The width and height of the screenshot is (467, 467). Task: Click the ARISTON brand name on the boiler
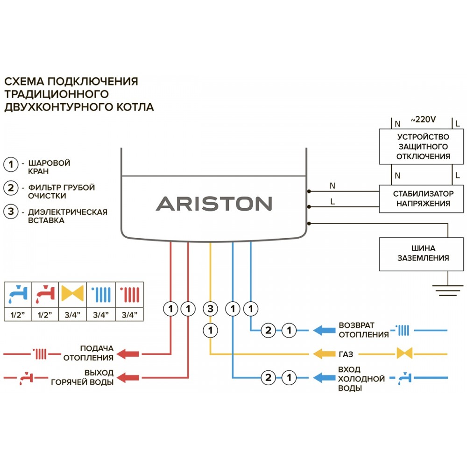pyautogui.click(x=213, y=204)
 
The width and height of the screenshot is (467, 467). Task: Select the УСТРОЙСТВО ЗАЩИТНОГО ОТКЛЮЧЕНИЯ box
pyautogui.click(x=423, y=147)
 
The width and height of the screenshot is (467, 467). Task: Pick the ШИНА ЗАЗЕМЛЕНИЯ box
pyautogui.click(x=423, y=254)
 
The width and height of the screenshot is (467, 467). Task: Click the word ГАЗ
pyautogui.click(x=346, y=353)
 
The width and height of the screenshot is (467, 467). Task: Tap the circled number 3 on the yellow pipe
pyautogui.click(x=211, y=309)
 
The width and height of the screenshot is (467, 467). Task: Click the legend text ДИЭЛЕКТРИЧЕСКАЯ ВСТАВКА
pyautogui.click(x=68, y=216)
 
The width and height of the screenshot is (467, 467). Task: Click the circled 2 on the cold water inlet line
pyautogui.click(x=268, y=377)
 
